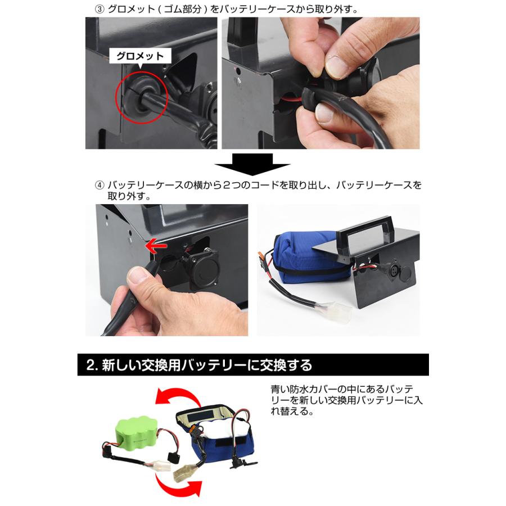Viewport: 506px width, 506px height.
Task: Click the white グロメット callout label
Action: pyautogui.click(x=139, y=56)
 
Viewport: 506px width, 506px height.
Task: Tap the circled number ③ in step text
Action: pyautogui.click(x=100, y=10)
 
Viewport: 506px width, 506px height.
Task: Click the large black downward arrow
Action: pyautogui.click(x=252, y=164)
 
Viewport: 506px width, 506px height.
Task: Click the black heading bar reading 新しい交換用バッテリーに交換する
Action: pyautogui.click(x=252, y=365)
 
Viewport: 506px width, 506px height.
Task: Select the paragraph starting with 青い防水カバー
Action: pyautogui.click(x=345, y=400)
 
